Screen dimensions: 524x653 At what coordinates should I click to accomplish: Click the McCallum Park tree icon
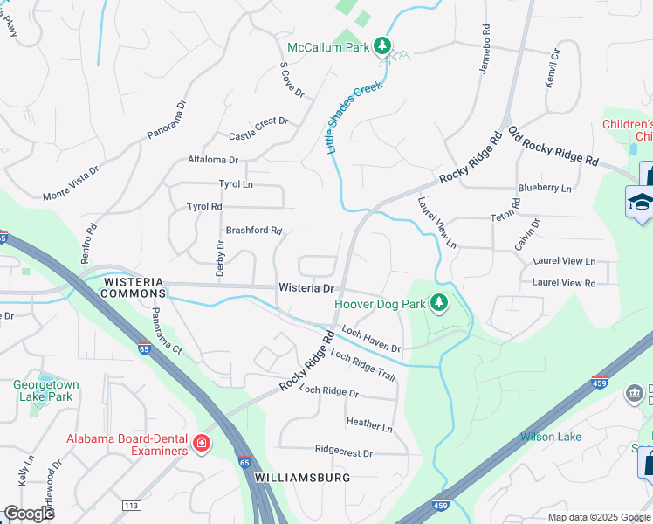381,45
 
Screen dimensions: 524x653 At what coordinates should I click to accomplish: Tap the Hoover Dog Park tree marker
439,304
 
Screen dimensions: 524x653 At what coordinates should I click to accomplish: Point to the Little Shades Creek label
354,120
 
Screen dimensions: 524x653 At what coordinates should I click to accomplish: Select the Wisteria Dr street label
306,287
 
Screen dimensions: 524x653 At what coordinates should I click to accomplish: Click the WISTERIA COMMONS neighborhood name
133,287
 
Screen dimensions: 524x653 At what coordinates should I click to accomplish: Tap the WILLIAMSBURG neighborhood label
303,478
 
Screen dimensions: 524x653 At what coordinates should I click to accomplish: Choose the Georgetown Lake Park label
45,390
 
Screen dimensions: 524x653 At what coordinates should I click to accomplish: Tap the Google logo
28,513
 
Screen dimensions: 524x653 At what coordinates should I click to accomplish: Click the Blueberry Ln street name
544,188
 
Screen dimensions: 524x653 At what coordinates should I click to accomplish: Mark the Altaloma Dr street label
213,160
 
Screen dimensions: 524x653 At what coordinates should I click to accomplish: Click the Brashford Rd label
254,231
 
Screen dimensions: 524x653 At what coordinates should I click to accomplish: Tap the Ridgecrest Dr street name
344,452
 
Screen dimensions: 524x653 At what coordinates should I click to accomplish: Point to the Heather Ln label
369,425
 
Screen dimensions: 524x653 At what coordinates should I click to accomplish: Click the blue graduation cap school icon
641,203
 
